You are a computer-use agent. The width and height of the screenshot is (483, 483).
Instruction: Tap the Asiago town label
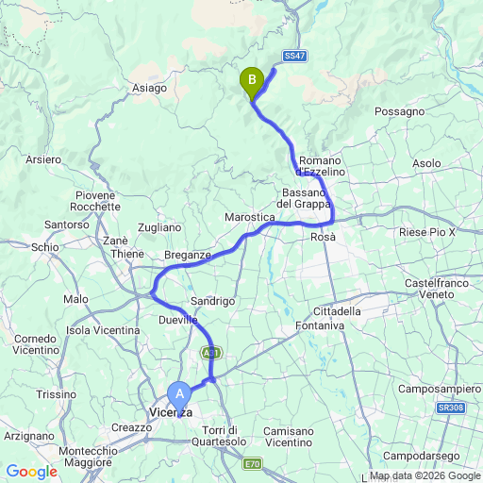pyautogui.click(x=148, y=88)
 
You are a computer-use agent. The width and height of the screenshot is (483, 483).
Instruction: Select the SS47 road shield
pyautogui.click(x=294, y=57)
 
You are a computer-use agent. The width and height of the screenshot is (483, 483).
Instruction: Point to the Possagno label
pyautogui.click(x=400, y=111)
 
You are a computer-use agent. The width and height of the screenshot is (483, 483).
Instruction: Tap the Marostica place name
pyautogui.click(x=249, y=218)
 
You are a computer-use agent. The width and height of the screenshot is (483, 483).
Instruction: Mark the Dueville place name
pyautogui.click(x=177, y=321)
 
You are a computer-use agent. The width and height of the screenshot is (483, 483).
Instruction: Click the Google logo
pyautogui.click(x=30, y=471)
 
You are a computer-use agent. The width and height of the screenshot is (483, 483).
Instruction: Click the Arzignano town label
pyautogui.click(x=29, y=437)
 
